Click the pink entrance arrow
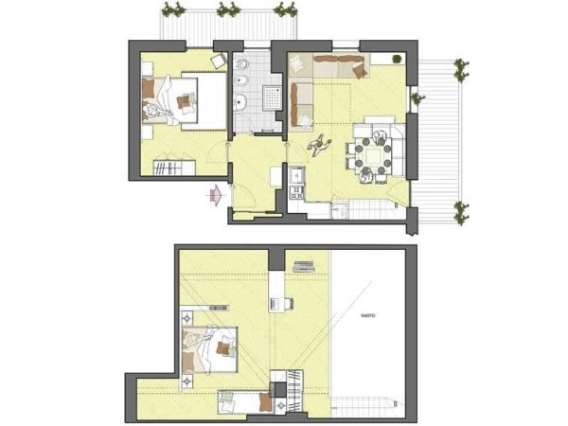[x=217, y=195]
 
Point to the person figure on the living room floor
[x=320, y=145]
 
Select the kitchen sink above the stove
[x=295, y=175]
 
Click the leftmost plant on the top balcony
[x=171, y=10]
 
